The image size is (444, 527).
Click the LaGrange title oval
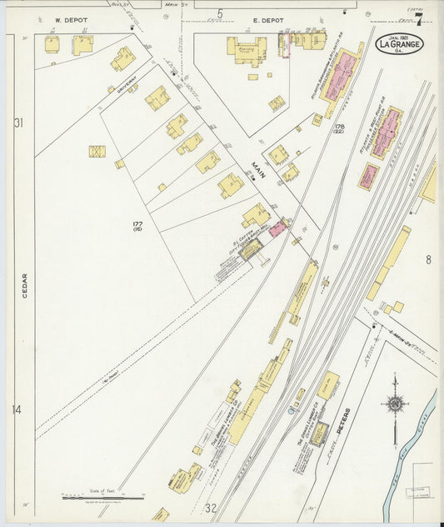pyautogui.click(x=399, y=43)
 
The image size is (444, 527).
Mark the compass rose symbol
pyautogui.click(x=395, y=405)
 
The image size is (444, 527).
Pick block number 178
pyautogui.click(x=339, y=128)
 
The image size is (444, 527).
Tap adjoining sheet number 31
pyautogui.click(x=17, y=123)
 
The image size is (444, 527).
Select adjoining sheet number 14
pyautogui.click(x=17, y=409)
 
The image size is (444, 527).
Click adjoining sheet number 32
pyautogui.click(x=211, y=507)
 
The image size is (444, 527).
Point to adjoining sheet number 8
pyautogui.click(x=428, y=260)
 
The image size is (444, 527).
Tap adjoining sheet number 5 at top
pyautogui.click(x=220, y=13)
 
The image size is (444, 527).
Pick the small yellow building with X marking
pyautogui.click(x=97, y=152)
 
